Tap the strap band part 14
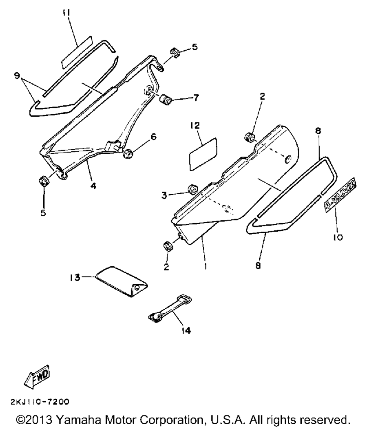pyautogui.click(x=171, y=308)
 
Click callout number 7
pyautogui.click(x=196, y=98)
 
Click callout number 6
pyautogui.click(x=153, y=137)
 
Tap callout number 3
pyautogui.click(x=164, y=196)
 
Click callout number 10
pyautogui.click(x=338, y=238)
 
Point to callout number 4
pyautogui.click(x=93, y=186)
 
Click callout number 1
pyautogui.click(x=206, y=266)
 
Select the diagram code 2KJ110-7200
pyautogui.click(x=40, y=402)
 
